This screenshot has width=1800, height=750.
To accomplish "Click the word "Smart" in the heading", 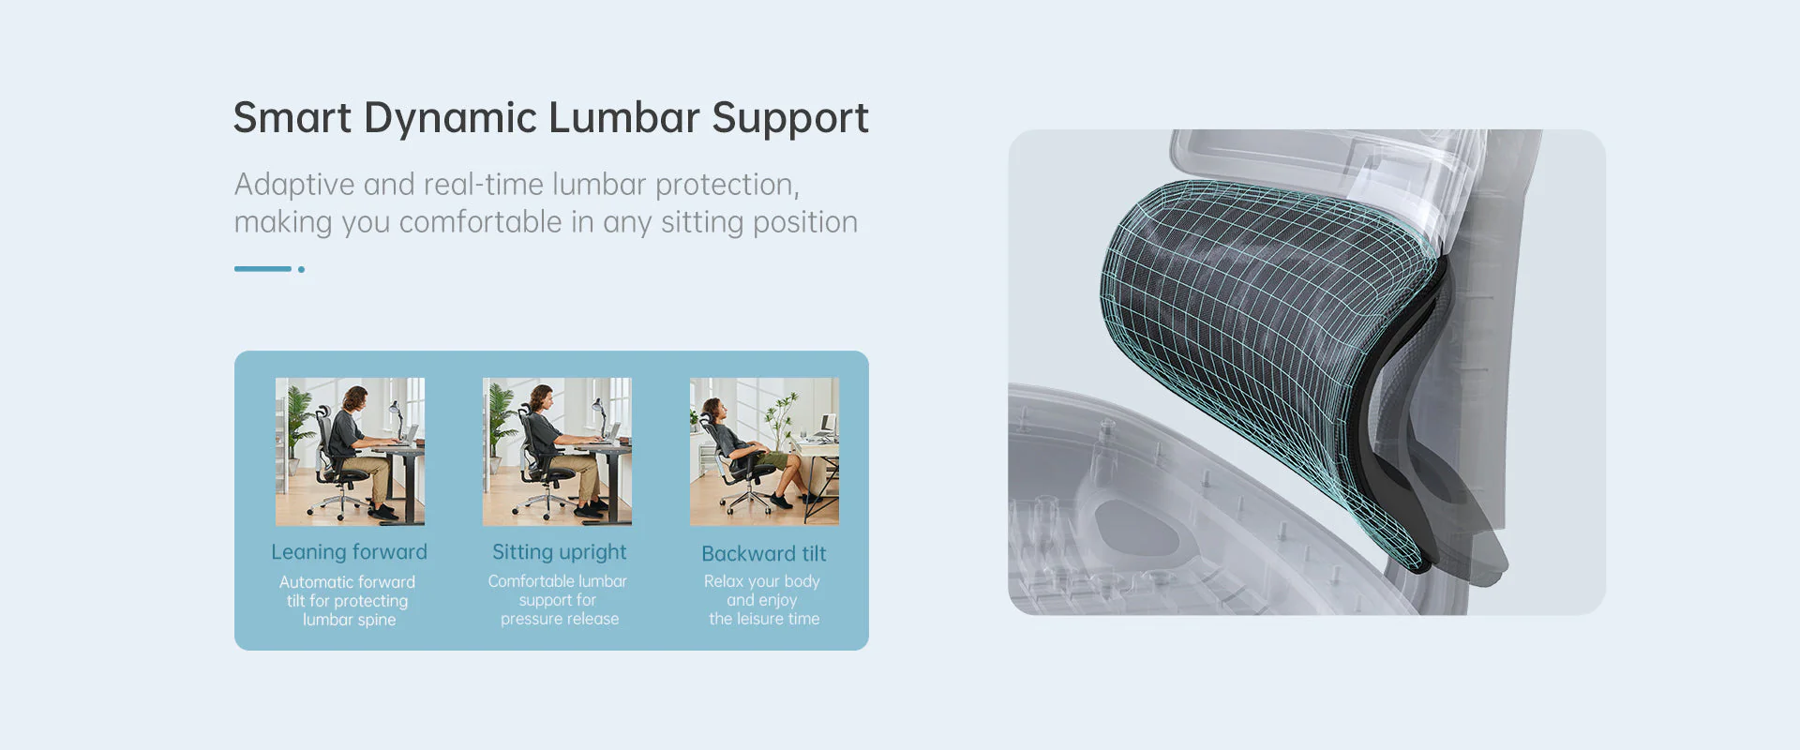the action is click(292, 118).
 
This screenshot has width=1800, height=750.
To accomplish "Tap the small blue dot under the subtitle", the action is click(301, 269).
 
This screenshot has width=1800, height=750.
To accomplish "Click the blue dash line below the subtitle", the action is click(262, 269).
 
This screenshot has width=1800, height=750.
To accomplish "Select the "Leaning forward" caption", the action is click(349, 552).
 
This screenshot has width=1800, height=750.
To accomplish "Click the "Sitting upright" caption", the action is click(560, 553).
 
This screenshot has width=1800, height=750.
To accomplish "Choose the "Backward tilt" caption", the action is click(764, 554).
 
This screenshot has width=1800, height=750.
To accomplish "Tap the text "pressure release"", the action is click(560, 619).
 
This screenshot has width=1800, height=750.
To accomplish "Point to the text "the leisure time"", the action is click(764, 619).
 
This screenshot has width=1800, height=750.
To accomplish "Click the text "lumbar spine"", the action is click(349, 620).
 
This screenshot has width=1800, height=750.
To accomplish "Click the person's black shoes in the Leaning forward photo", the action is click(382, 512).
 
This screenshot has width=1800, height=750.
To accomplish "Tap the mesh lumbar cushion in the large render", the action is click(1270, 356).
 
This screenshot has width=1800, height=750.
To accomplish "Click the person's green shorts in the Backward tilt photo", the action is click(774, 459).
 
